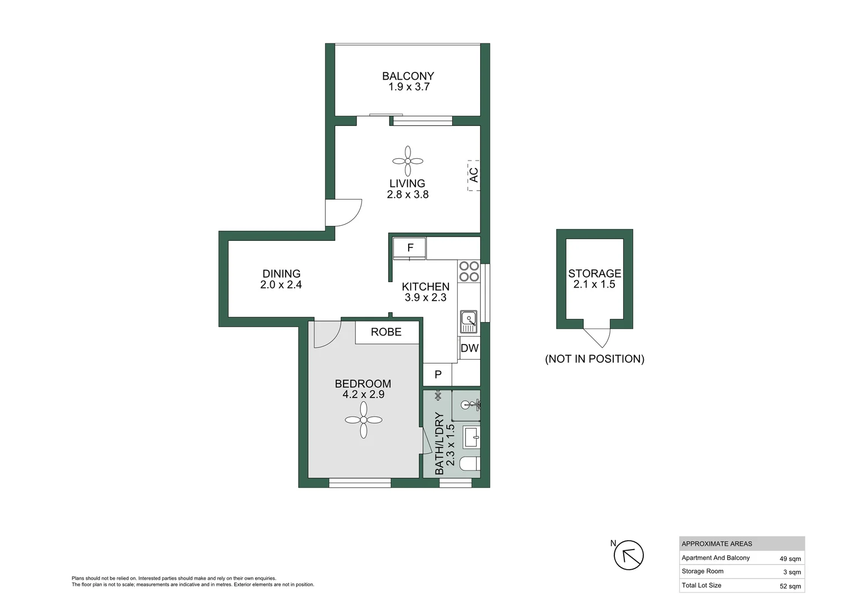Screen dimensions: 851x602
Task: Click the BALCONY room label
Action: click(408, 76)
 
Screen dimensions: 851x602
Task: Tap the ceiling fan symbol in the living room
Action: click(408, 161)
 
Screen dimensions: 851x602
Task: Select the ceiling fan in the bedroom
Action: click(364, 420)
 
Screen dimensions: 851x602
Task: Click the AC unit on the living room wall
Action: click(474, 176)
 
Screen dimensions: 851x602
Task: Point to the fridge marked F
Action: click(409, 248)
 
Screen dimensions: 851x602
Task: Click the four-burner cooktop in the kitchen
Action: click(469, 271)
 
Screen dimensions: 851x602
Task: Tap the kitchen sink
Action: click(469, 322)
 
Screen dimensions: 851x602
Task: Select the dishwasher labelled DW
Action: click(469, 348)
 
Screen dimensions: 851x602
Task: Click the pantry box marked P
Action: click(438, 375)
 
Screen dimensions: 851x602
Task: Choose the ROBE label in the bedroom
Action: click(386, 332)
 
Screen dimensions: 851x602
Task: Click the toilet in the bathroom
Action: click(470, 464)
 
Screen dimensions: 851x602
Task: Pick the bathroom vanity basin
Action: click(472, 437)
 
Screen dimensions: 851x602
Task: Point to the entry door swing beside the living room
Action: click(344, 212)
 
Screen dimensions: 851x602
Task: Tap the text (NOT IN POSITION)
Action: click(595, 359)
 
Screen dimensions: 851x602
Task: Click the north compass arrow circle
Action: click(629, 555)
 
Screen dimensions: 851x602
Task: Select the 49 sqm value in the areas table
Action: click(790, 559)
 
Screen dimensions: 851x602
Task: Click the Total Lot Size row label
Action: click(701, 585)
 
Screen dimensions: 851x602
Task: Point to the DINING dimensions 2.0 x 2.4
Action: click(281, 284)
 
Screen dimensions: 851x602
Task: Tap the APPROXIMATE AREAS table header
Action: click(717, 544)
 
